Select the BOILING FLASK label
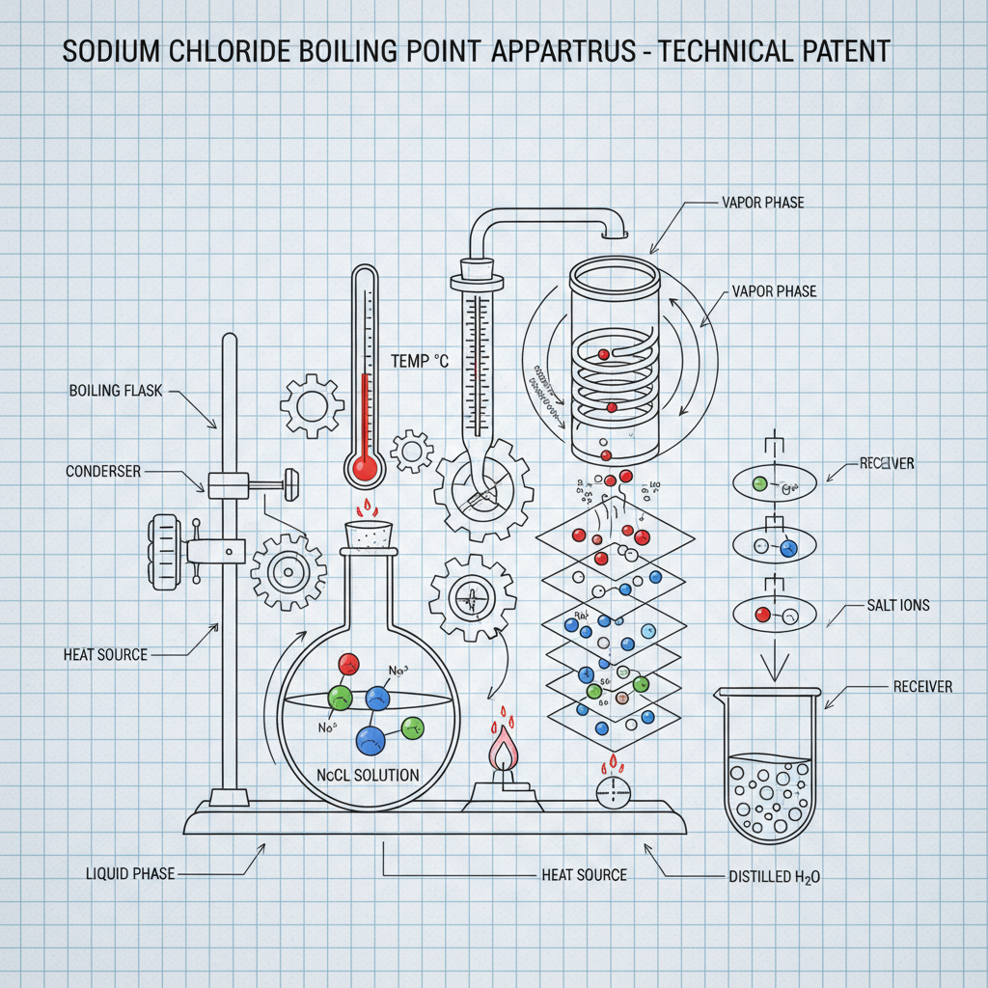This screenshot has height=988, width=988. [x=117, y=391]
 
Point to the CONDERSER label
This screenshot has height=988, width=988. [x=103, y=472]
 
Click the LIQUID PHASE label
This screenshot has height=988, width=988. [x=129, y=873]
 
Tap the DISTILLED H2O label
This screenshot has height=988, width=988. [x=774, y=877]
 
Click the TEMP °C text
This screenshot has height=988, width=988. [x=420, y=361]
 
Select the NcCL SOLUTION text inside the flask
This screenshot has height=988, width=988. [x=369, y=775]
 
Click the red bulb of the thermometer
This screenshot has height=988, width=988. [x=365, y=468]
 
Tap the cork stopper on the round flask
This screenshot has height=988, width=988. [x=371, y=534]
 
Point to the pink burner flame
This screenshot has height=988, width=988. [x=503, y=748]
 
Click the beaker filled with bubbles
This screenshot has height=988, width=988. [x=770, y=772]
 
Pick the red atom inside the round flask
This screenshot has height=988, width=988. [x=349, y=664]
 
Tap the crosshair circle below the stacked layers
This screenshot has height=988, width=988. [x=612, y=793]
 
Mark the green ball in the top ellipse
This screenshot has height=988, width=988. [x=759, y=482]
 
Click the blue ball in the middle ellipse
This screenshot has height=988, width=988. [x=788, y=548]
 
